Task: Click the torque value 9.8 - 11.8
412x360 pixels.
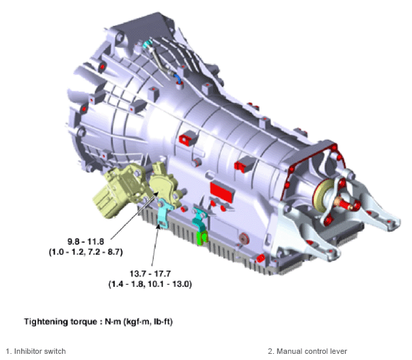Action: coord(85,241)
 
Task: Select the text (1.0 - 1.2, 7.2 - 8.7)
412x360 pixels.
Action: coord(85,252)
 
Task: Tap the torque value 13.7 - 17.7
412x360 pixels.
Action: coord(150,273)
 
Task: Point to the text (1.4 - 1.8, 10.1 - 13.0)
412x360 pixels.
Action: coord(150,284)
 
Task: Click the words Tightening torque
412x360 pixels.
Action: coord(60,322)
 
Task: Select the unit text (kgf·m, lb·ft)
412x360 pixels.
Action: coord(148,322)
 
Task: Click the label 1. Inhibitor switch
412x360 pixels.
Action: coord(36,351)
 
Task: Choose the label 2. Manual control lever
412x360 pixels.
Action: coord(307,351)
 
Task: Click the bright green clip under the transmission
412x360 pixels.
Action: coord(202,238)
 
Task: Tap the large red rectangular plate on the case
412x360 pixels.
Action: coord(222,192)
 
